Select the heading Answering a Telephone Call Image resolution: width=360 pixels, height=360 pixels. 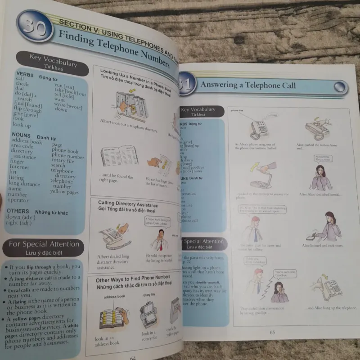pos(248,85)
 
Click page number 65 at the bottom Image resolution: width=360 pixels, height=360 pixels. pos(272,333)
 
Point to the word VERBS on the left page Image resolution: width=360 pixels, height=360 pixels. pos(25,73)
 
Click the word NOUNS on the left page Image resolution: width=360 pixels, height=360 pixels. pos(21,135)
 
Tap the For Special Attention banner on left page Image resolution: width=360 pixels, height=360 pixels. pos(44,244)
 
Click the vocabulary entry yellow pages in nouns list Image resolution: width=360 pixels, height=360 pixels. pos(64,192)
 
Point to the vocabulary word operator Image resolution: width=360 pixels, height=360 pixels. pos(18,200)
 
